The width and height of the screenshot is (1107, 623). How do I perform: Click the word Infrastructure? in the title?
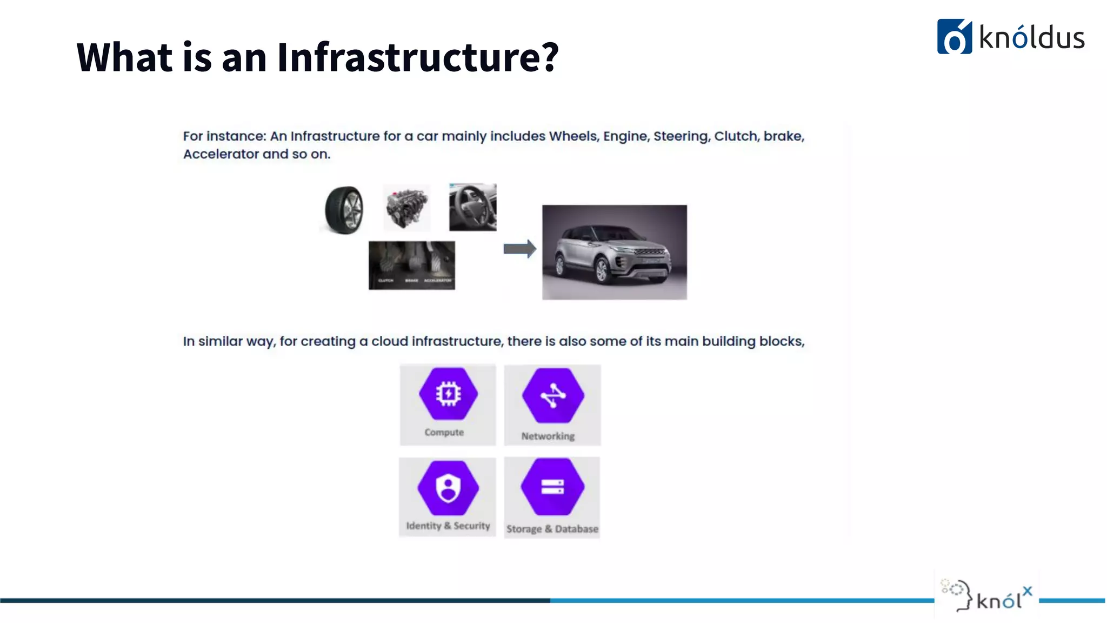(418, 57)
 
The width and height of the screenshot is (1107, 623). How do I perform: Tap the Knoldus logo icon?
(954, 37)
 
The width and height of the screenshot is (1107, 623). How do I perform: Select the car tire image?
(344, 210)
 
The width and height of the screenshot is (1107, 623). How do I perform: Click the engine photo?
(406, 208)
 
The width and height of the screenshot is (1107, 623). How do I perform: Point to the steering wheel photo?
(472, 207)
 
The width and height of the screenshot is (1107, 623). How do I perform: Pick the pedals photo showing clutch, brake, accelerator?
(412, 265)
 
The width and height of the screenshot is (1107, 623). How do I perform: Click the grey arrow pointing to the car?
(519, 249)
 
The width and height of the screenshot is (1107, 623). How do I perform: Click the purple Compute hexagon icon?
(448, 394)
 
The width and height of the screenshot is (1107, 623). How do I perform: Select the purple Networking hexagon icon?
(552, 395)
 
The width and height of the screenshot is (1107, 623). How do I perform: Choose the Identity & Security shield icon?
(448, 488)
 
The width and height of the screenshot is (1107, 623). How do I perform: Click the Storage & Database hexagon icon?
(552, 487)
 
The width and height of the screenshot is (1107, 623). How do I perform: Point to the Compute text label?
(444, 433)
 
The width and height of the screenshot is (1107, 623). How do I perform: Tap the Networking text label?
(548, 436)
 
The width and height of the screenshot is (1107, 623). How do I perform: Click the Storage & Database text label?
(552, 529)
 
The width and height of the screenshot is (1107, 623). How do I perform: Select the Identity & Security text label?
(448, 526)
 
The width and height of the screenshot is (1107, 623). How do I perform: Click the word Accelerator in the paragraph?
(221, 154)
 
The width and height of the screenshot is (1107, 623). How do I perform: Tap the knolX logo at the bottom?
(987, 596)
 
